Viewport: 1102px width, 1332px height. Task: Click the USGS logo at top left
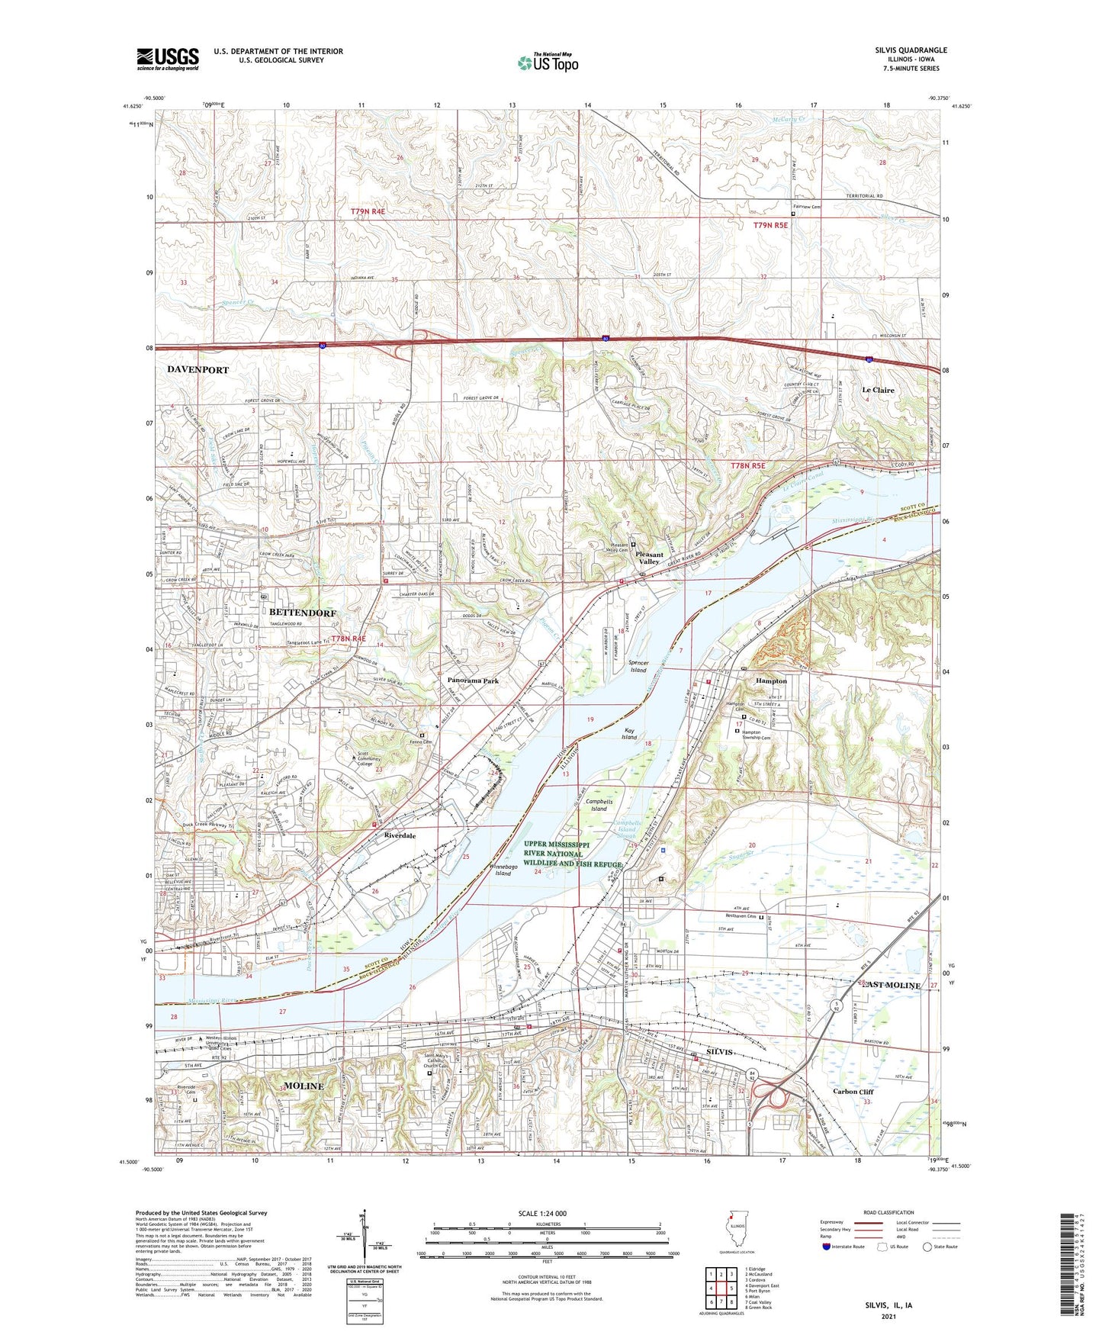point(168,59)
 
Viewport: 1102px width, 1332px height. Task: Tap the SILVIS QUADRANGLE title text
point(911,50)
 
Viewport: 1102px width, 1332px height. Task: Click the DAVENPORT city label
point(198,369)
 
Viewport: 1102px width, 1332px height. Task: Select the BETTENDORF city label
point(302,613)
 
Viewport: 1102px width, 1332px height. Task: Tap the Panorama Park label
point(473,680)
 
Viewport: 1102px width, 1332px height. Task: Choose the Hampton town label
point(771,680)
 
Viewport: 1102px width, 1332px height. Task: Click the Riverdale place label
point(400,835)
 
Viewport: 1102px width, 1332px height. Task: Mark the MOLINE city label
point(303,1086)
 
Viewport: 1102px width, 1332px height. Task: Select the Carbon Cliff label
point(853,1092)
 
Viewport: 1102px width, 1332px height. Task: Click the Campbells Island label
point(599,806)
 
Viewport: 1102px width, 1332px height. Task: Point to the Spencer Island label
point(638,667)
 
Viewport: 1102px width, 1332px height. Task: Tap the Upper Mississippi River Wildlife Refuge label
point(573,854)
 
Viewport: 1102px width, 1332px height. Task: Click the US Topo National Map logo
point(548,62)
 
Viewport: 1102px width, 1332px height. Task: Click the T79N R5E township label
point(769,225)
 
